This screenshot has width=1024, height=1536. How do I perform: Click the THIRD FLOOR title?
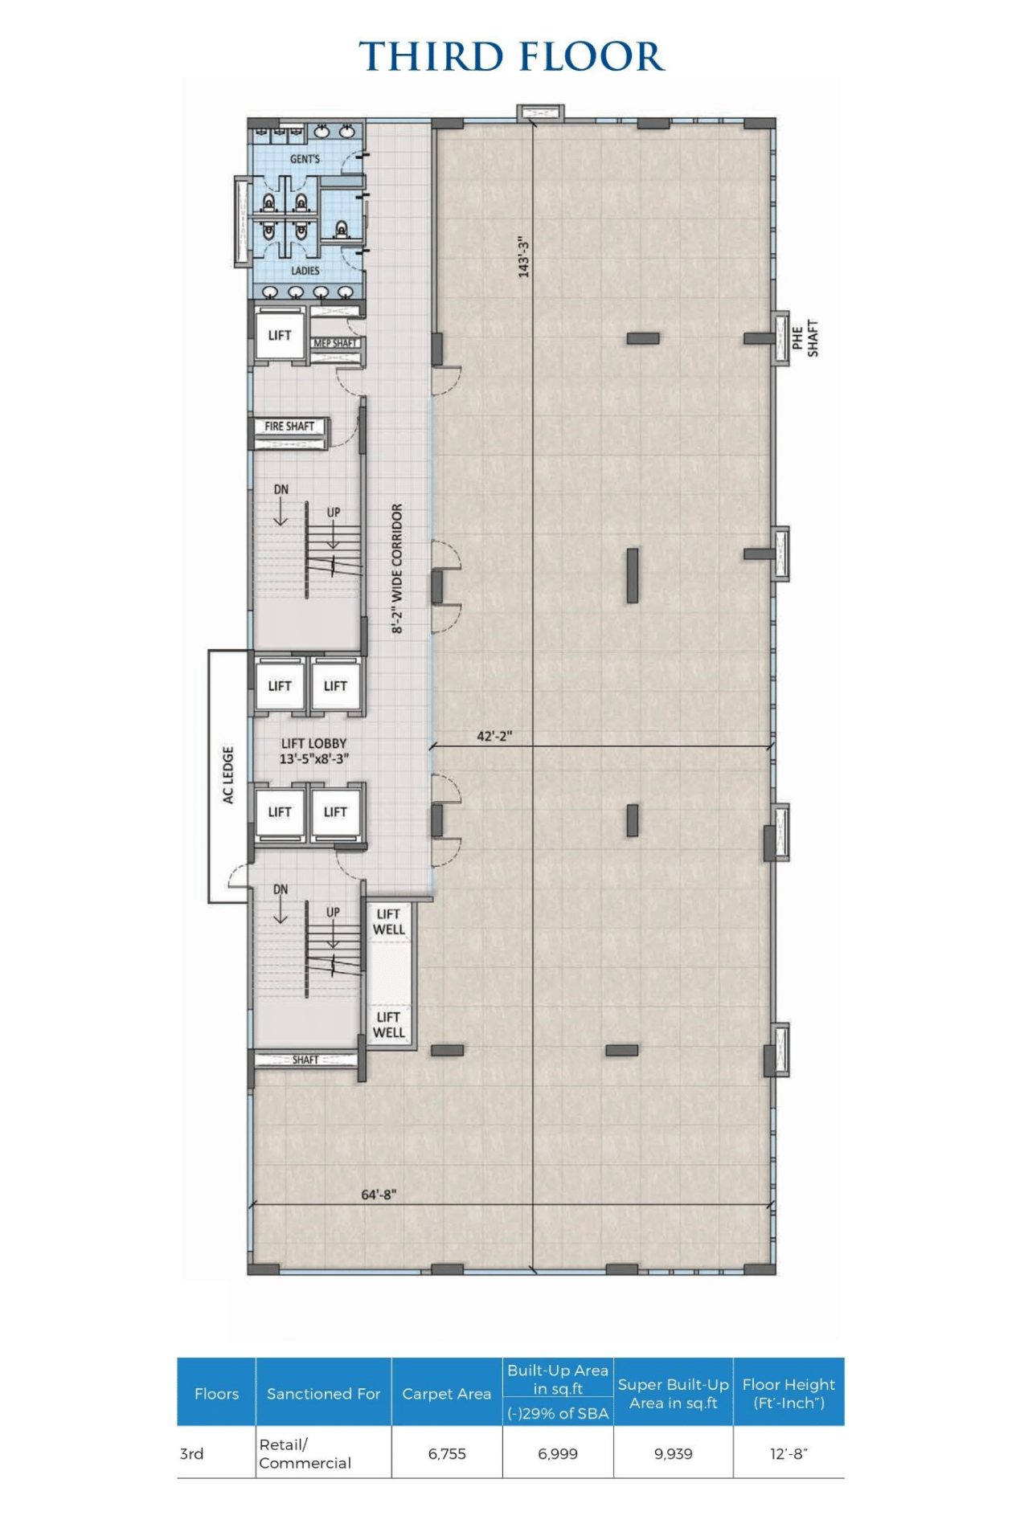[x=512, y=56]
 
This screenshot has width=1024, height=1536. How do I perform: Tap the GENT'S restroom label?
[x=305, y=159]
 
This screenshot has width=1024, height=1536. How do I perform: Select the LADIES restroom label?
[x=305, y=271]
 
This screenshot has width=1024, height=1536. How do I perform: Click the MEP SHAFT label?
[x=335, y=343]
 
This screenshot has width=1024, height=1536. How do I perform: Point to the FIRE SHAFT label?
[x=289, y=426]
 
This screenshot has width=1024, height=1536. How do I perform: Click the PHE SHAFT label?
[x=805, y=338]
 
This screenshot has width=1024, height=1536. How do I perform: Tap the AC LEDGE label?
[x=228, y=774]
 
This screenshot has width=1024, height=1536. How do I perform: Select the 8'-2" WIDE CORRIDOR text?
[x=397, y=568]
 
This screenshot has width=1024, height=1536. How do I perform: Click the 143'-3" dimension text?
[x=524, y=257]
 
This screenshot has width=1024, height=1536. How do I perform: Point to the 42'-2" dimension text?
[x=494, y=736]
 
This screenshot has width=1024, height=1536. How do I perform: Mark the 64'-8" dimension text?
[x=379, y=1195]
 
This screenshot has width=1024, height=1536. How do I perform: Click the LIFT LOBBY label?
[x=313, y=744]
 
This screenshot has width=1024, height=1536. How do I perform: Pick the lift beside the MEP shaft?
[x=280, y=335]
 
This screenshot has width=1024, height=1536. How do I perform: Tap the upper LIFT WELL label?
[x=389, y=921]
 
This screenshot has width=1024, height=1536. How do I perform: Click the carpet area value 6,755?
[x=447, y=1453]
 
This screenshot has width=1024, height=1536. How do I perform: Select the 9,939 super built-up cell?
[x=674, y=1453]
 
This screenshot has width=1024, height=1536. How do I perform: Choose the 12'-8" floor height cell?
[x=788, y=1453]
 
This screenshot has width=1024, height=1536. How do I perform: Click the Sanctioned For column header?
[x=323, y=1394]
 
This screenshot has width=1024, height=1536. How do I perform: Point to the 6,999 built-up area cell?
[x=558, y=1453]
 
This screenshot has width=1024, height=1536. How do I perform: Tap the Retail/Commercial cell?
[x=305, y=1453]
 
